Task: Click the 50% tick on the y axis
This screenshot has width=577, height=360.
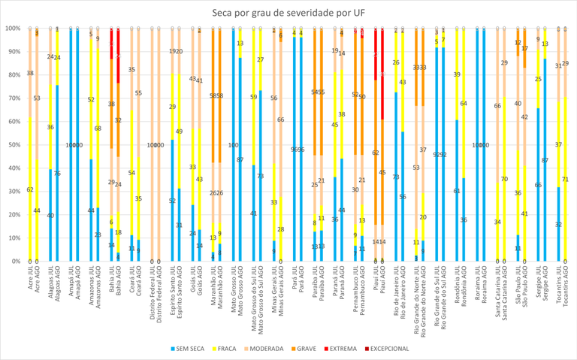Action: pos(13,145)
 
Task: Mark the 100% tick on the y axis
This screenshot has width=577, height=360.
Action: pos(11,29)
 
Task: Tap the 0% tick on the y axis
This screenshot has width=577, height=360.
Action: pos(14,262)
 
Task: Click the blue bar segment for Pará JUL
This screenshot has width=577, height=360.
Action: pos(295,150)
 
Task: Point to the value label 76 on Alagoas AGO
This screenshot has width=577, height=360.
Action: pos(58,174)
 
